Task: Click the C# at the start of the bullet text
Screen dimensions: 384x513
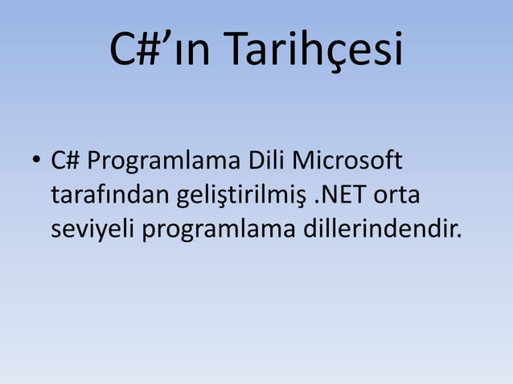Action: tap(65, 161)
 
